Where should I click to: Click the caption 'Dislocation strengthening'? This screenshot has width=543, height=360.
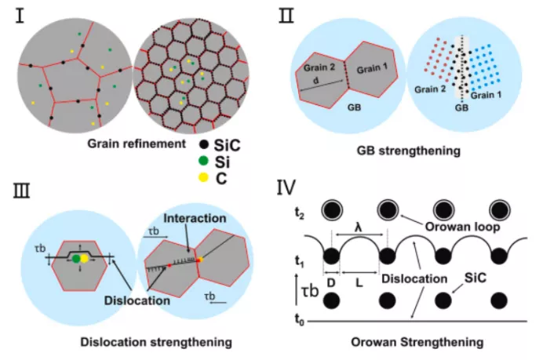(x=146, y=342)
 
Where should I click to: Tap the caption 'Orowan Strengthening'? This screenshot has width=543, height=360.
(x=405, y=342)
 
